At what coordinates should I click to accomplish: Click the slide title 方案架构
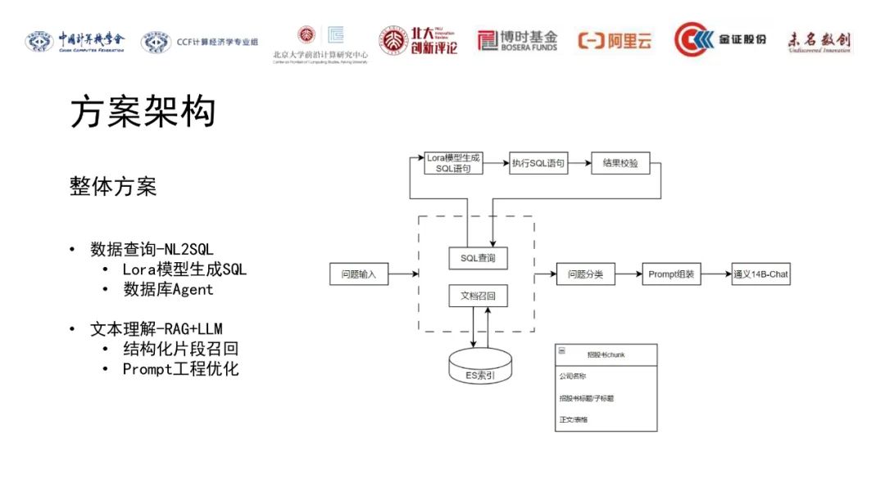tap(143, 112)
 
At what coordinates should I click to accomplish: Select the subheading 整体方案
tap(113, 187)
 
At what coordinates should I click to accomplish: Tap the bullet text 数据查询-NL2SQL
tap(152, 249)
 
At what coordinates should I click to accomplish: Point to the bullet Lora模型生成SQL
tap(184, 269)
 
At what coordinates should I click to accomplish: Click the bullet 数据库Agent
tap(168, 289)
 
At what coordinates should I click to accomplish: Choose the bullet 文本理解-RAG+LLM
tap(157, 329)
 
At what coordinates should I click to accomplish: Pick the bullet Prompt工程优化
tap(180, 369)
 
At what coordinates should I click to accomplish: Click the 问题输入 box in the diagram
tap(358, 274)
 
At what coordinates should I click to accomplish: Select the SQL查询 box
tap(478, 259)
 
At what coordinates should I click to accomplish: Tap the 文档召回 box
tap(478, 295)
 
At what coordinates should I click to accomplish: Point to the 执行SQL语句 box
tap(538, 163)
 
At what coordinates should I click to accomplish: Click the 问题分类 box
tap(585, 274)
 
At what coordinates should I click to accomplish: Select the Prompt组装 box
tap(671, 274)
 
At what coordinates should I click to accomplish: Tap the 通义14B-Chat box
tap(760, 274)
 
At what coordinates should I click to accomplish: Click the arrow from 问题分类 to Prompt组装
tap(628, 274)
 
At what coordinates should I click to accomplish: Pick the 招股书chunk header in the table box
tap(606, 354)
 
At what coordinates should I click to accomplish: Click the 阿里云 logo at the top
tap(615, 40)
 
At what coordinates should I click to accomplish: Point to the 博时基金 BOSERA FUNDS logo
tap(518, 40)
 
